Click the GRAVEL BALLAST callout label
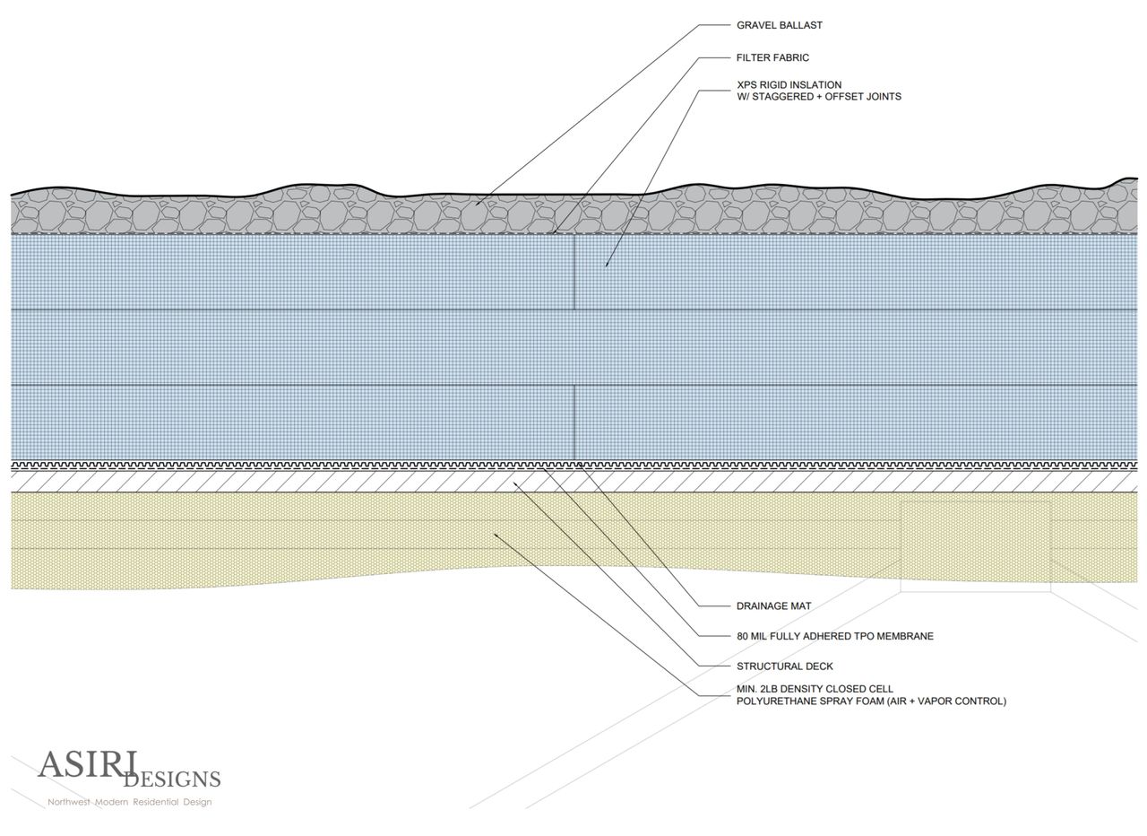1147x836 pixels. click(x=779, y=25)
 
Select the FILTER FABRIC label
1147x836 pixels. click(x=772, y=57)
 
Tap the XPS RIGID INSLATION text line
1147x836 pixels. click(x=789, y=85)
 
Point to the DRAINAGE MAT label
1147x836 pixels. click(x=773, y=606)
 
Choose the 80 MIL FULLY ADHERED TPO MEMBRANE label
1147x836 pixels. click(x=834, y=636)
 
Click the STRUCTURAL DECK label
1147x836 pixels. click(x=784, y=666)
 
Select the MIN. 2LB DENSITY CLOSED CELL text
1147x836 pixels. click(x=815, y=690)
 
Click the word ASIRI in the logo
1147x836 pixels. click(x=86, y=765)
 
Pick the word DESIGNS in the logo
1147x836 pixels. click(x=172, y=779)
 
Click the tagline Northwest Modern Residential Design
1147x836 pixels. click(x=129, y=802)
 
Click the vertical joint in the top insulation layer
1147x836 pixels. click(x=573, y=272)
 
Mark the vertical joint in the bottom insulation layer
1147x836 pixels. click(x=573, y=422)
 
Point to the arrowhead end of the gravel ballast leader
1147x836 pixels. click(x=477, y=205)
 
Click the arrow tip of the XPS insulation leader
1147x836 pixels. click(x=606, y=266)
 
